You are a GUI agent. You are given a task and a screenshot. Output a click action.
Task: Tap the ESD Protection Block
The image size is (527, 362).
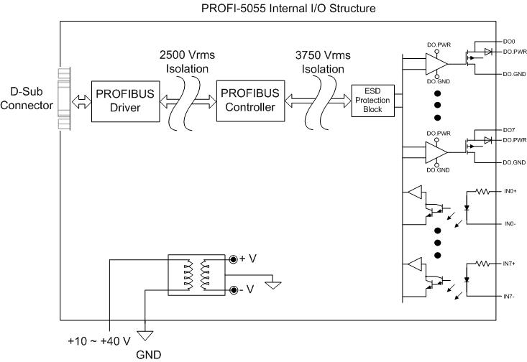[372, 101]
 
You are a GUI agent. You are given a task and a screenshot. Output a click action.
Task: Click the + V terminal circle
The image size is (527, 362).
[234, 259]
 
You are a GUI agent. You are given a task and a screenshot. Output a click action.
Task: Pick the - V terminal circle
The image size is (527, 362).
[234, 289]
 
